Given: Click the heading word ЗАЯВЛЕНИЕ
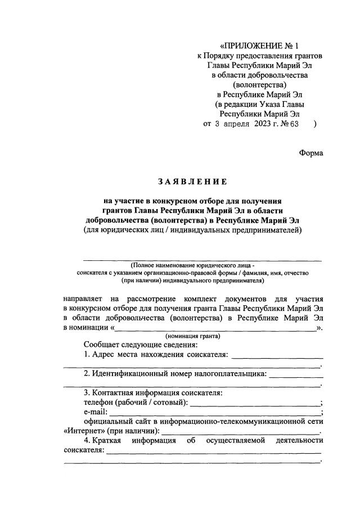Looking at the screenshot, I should tap(192, 182).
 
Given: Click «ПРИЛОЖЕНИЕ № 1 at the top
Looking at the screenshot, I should tap(259, 46).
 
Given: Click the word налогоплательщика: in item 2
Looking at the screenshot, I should tap(230, 373).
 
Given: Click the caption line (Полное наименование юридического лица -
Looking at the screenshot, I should tap(192, 265).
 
